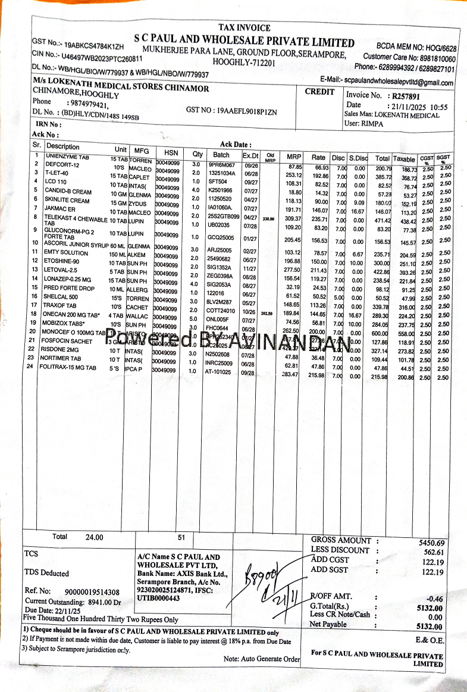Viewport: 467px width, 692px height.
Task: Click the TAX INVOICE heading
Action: coord(244,28)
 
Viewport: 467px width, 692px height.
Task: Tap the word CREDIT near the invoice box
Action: coord(319,92)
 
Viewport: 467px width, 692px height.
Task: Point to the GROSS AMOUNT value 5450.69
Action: coord(431,543)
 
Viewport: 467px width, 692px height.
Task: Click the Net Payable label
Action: coord(328,624)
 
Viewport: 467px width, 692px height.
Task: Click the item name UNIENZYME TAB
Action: coord(67,156)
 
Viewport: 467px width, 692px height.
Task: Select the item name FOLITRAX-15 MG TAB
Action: coord(70,368)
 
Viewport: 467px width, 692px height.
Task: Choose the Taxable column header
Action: coord(404,159)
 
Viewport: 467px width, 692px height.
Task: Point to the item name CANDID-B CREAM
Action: coord(68,192)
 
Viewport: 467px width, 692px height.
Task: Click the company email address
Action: coord(399,82)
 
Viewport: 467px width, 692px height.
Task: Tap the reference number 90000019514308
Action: coord(92,592)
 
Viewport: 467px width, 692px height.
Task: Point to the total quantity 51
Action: coord(181,537)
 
